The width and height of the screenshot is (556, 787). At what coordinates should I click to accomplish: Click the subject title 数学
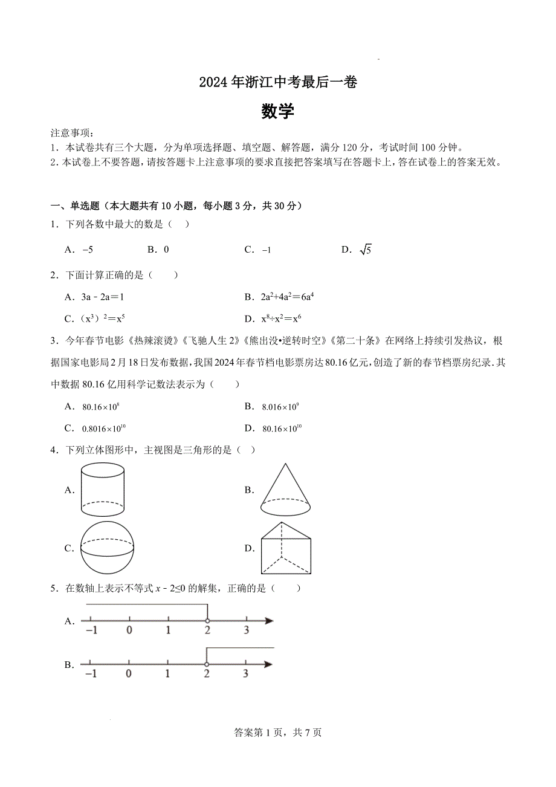[x=278, y=111]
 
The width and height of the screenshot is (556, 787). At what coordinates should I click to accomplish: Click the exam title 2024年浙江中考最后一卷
[x=278, y=82]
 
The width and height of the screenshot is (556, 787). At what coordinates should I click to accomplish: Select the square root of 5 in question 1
[x=365, y=250]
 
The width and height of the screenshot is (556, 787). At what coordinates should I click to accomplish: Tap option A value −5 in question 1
[x=88, y=250]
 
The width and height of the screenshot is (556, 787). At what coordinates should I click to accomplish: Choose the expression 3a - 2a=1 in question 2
[x=102, y=297]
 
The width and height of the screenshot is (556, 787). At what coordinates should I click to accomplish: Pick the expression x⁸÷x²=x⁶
[x=281, y=319]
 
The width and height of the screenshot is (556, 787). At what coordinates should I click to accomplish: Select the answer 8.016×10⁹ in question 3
[x=280, y=407]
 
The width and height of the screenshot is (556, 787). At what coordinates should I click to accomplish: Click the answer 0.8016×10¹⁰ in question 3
[x=103, y=429]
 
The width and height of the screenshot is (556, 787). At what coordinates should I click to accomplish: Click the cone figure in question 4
[x=285, y=489]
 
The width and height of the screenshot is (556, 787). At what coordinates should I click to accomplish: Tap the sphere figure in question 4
[x=108, y=548]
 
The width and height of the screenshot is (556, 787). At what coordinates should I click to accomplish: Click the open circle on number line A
[x=207, y=621]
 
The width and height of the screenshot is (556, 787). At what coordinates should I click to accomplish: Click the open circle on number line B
[x=207, y=664]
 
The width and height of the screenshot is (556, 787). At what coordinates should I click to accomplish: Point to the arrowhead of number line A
[x=269, y=621]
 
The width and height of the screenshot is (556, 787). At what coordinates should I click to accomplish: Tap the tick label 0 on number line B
[x=128, y=674]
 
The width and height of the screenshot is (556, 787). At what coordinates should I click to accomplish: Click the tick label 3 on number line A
[x=246, y=630]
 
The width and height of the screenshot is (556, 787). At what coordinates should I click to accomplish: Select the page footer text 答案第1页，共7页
[x=278, y=733]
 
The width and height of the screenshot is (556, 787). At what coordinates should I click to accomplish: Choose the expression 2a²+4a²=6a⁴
[x=288, y=297]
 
